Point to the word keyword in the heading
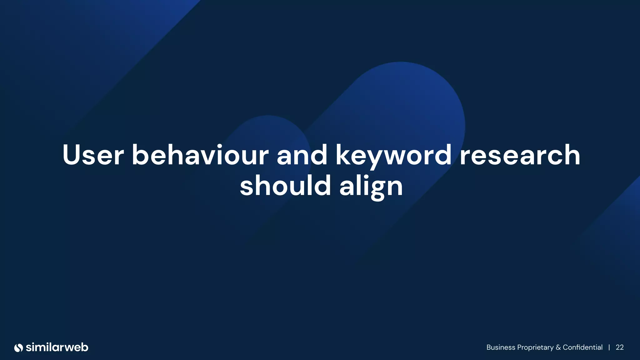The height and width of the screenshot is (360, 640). [x=393, y=155]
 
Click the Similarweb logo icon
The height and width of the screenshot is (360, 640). [x=19, y=347]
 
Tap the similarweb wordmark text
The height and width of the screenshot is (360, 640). [x=57, y=347]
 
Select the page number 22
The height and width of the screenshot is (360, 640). [x=620, y=347]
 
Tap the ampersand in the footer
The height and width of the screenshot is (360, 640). [x=558, y=347]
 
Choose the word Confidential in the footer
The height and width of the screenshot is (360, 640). [x=582, y=347]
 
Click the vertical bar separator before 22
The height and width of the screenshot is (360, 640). [x=609, y=347]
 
